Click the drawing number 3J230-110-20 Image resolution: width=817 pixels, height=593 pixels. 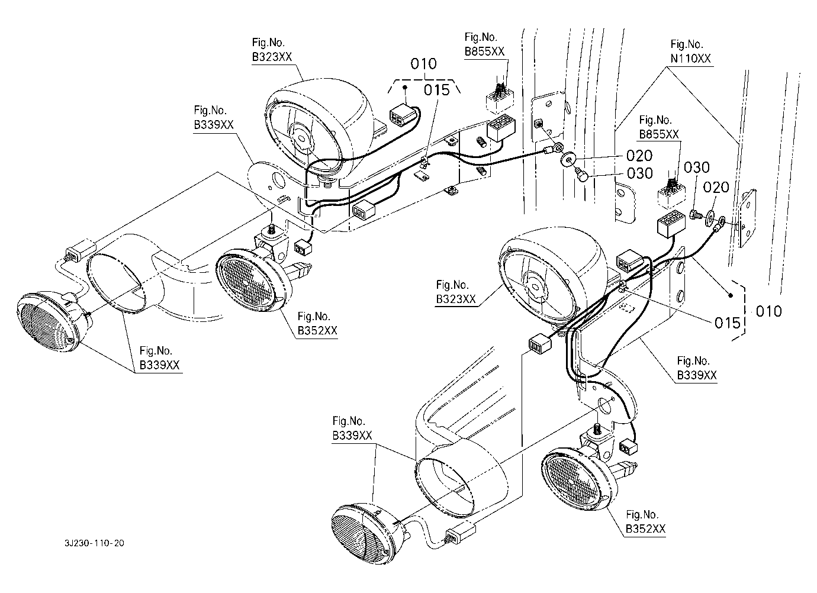(95, 543)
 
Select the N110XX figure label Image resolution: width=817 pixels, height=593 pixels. (690, 59)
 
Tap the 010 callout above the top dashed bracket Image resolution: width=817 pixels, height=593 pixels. (423, 64)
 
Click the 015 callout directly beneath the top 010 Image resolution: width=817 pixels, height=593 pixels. (436, 90)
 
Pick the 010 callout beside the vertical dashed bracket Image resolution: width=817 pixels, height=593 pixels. (769, 311)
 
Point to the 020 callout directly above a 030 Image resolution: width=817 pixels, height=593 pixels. (639, 156)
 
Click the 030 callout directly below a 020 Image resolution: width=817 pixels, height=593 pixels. (640, 173)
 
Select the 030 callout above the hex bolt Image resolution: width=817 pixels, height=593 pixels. (697, 167)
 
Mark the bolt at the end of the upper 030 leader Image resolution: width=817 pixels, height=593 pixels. (580, 175)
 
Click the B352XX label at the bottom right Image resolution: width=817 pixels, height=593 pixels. (645, 529)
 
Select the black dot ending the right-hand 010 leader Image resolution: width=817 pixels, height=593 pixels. (731, 295)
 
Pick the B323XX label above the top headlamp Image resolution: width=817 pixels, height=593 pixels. (272, 57)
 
